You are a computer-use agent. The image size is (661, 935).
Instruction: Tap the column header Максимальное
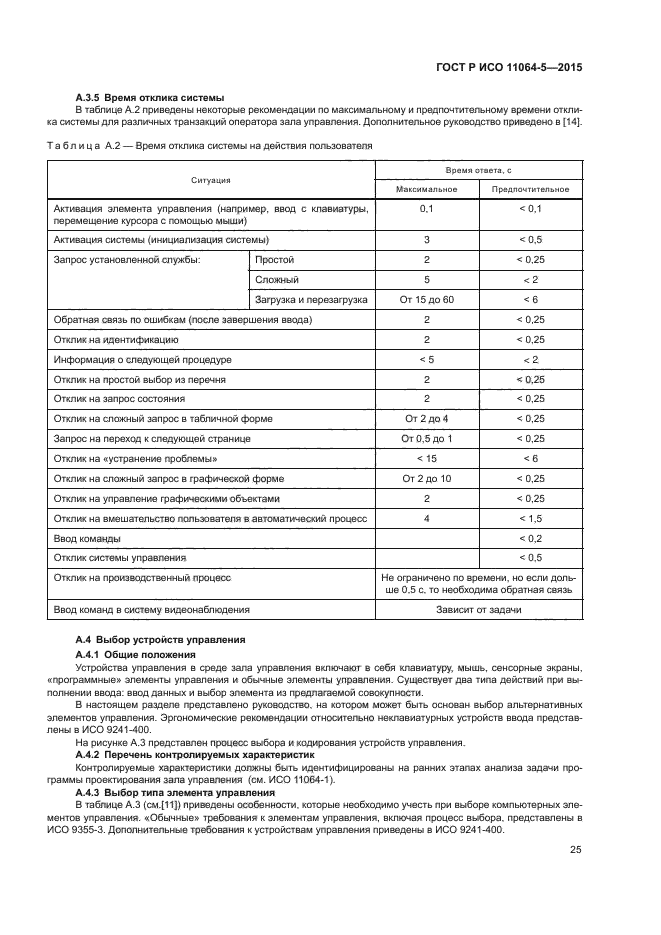pos(426,189)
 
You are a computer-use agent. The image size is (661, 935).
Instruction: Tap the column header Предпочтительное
pos(530,189)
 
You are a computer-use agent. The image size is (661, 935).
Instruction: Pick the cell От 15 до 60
pos(426,300)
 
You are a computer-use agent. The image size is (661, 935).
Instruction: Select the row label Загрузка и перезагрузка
pos(311,300)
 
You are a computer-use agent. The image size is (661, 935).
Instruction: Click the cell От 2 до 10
pos(426,478)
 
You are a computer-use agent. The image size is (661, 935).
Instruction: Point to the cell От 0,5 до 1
pos(426,438)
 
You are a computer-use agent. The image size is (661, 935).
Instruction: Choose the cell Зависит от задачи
pos(478,609)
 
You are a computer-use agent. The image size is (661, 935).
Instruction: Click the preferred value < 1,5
pos(530,518)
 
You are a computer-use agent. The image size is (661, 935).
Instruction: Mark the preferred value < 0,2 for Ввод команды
pos(530,538)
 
